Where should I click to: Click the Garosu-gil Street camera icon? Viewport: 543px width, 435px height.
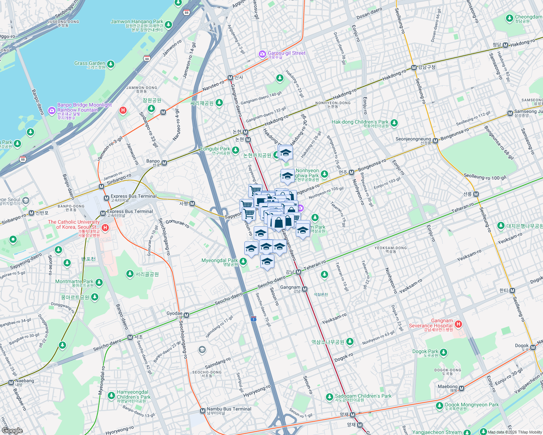click(262, 54)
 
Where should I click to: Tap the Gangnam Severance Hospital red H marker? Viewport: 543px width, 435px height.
click(458, 324)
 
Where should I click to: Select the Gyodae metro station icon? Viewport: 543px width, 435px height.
click(187, 315)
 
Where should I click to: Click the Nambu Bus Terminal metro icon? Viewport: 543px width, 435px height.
click(203, 411)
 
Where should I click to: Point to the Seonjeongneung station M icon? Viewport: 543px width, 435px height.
click(435, 141)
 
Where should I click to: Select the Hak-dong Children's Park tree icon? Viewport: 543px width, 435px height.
click(394, 123)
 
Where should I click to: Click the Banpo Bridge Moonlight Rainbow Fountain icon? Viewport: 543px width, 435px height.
click(52, 110)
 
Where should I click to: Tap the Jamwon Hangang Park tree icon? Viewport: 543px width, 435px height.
click(168, 25)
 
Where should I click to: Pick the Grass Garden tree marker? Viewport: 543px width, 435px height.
click(111, 65)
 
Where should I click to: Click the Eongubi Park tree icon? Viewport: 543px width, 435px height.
click(236, 150)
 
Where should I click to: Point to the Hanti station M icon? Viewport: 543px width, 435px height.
click(512, 291)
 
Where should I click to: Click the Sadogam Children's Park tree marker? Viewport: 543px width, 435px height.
click(329, 397)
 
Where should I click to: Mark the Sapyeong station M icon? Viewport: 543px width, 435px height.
click(192, 204)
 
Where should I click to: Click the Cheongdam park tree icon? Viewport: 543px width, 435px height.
click(510, 18)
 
